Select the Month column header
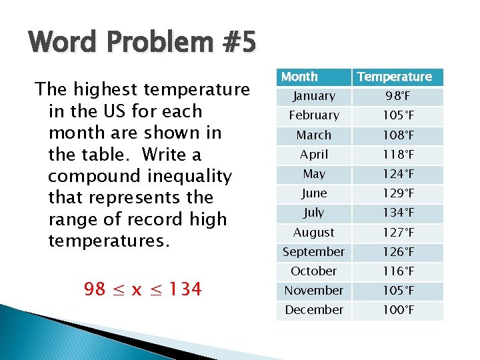(x=299, y=77)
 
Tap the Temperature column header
(x=395, y=77)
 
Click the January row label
(x=313, y=97)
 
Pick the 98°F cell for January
(x=397, y=97)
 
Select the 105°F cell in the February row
(x=397, y=116)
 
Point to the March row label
(x=313, y=135)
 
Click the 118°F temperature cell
(x=397, y=155)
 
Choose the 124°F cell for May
(x=397, y=174)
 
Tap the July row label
(x=313, y=213)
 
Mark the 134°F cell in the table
(x=397, y=213)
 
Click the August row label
(x=313, y=233)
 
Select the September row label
(x=313, y=252)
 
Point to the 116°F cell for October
(x=397, y=271)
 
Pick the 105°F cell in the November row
(x=397, y=291)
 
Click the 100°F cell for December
(x=397, y=310)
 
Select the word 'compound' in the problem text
(x=90, y=177)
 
